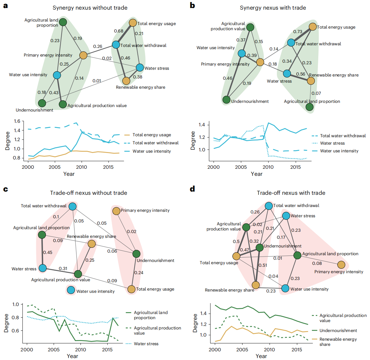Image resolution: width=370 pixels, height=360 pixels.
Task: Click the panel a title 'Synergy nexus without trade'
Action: (90, 8)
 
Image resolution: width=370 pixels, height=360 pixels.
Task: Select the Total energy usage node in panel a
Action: (133, 23)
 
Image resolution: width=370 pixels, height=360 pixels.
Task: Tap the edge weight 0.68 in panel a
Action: (119, 31)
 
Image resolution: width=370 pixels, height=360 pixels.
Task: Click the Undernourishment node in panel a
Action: (42, 103)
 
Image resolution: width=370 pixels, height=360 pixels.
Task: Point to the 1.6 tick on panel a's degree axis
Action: (17, 121)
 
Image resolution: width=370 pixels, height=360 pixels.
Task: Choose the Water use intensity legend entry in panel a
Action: (152, 151)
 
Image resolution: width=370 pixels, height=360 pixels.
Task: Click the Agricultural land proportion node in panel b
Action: (309, 107)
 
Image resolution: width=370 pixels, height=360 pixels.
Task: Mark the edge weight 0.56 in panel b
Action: (301, 74)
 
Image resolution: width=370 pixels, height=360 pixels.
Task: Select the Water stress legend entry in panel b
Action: (332, 143)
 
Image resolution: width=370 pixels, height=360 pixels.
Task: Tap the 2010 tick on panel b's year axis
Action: (268, 167)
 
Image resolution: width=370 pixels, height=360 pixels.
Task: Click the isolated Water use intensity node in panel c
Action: (71, 290)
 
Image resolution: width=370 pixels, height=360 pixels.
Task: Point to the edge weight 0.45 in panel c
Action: (48, 252)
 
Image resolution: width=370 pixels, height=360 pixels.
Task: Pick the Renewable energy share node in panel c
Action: (92, 244)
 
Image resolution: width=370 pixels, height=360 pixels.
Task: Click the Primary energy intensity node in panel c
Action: (116, 211)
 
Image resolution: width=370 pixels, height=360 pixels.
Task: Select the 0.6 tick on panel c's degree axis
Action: (15, 330)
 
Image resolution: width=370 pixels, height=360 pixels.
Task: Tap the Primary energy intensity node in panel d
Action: (341, 265)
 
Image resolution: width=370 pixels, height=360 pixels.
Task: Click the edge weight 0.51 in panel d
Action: (263, 265)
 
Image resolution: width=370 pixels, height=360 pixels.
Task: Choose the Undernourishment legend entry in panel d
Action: (338, 330)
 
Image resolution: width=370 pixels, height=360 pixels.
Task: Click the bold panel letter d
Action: (192, 189)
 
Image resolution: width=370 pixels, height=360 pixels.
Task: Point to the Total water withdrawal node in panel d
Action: (269, 206)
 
